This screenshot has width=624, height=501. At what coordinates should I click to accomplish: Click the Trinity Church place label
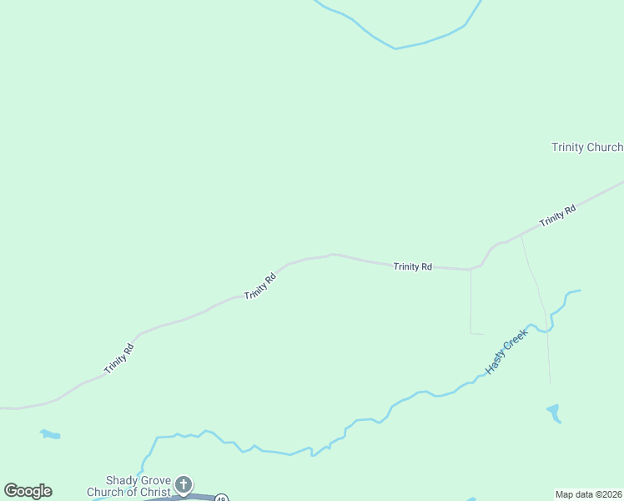tap(587, 148)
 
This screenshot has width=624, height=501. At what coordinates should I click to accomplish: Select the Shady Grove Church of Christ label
tap(129, 486)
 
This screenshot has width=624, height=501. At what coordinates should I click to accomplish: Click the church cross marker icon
tap(184, 484)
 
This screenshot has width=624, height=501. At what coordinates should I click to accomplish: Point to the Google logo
tap(28, 491)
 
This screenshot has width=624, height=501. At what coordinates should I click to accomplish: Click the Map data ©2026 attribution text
tap(589, 494)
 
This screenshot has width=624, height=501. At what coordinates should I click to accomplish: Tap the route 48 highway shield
tap(221, 498)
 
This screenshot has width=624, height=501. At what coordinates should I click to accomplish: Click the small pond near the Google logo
tap(51, 434)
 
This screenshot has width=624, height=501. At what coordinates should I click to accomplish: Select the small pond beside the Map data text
tap(553, 412)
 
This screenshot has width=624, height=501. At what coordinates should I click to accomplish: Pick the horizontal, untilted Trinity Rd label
tap(413, 266)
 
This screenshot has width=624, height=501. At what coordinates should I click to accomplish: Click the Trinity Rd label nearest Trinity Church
tap(558, 216)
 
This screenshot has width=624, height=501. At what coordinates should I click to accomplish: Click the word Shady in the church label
tap(121, 481)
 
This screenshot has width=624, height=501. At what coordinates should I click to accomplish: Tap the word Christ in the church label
tap(156, 492)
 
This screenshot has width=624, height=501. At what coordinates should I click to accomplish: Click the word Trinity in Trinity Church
tap(568, 148)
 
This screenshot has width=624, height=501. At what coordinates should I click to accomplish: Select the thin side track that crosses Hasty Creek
tap(538, 292)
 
